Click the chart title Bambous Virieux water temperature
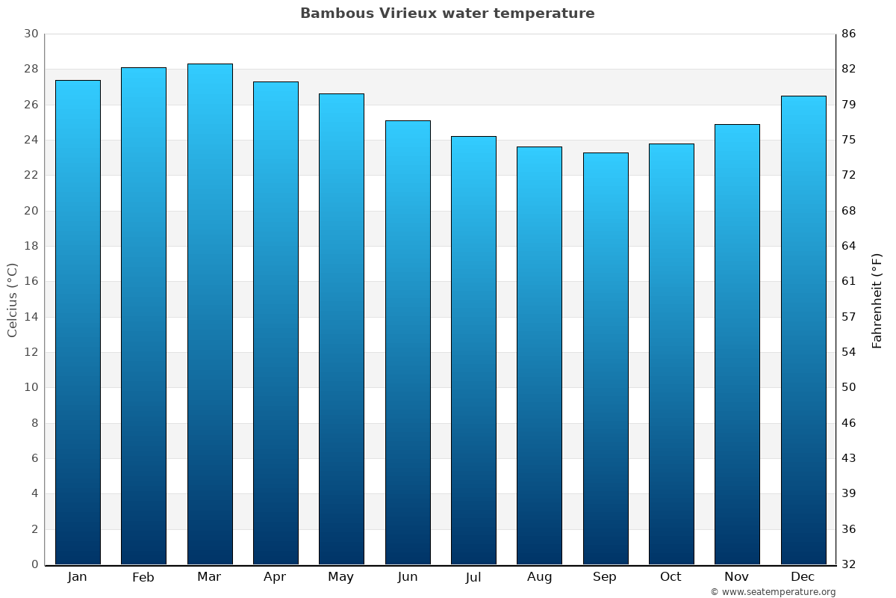(447, 13)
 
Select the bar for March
(210, 314)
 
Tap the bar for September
(606, 359)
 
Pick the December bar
(803, 330)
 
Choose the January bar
(78, 322)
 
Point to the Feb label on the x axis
(143, 577)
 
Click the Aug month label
(540, 577)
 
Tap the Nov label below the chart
(737, 577)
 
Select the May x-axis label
(341, 577)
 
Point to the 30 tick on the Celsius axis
(31, 34)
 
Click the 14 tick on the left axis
(31, 317)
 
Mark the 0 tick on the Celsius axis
(34, 564)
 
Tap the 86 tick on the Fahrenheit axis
(849, 34)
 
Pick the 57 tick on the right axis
(849, 317)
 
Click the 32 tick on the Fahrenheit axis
(849, 564)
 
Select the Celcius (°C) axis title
(13, 299)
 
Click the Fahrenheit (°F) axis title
(877, 300)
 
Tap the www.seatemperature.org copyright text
(773, 592)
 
